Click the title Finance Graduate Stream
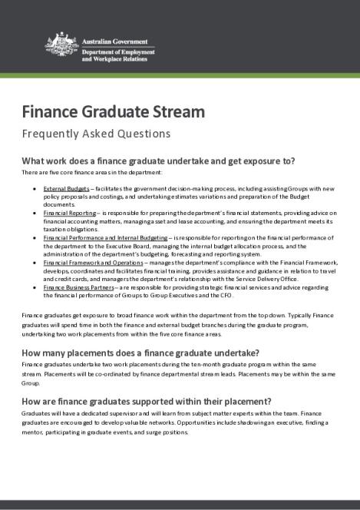[x=113, y=111]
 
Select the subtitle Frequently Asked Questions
[x=96, y=134]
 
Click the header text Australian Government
[x=118, y=37]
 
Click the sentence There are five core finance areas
[x=79, y=173]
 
